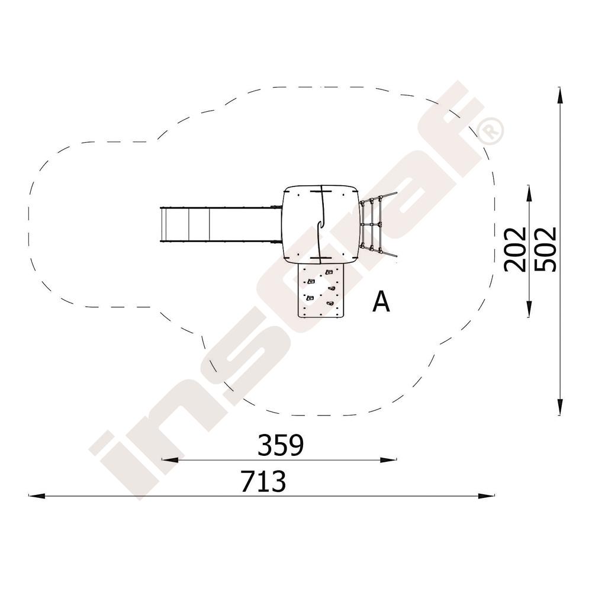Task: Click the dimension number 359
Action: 281,445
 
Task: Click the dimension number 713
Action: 263,481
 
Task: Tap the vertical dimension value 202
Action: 516,249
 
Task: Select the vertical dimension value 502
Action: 546,249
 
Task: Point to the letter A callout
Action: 381,302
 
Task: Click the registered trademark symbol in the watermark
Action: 491,130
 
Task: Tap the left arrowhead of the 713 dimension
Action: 37,496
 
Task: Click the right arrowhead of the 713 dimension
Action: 486,496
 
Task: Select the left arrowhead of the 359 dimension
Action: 170,459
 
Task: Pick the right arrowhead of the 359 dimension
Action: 389,459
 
